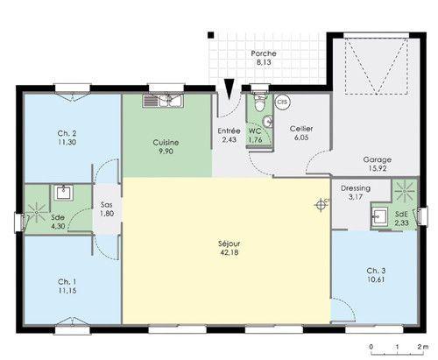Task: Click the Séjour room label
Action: [230, 244]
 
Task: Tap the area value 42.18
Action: [230, 252]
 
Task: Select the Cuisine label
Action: [166, 143]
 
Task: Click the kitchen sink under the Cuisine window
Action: [163, 101]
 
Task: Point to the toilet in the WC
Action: [259, 102]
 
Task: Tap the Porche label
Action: [264, 53]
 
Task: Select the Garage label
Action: [378, 159]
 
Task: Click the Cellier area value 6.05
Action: [301, 138]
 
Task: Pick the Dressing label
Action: [356, 188]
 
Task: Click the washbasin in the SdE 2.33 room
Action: [379, 216]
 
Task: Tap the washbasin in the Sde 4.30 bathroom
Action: [63, 193]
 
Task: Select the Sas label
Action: [107, 205]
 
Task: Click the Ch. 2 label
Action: [67, 133]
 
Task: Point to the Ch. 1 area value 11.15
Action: [67, 291]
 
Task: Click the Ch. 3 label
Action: [376, 271]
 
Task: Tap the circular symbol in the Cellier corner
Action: [283, 102]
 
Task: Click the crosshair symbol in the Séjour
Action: [321, 205]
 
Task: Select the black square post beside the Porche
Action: [211, 35]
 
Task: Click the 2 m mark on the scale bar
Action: [422, 347]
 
